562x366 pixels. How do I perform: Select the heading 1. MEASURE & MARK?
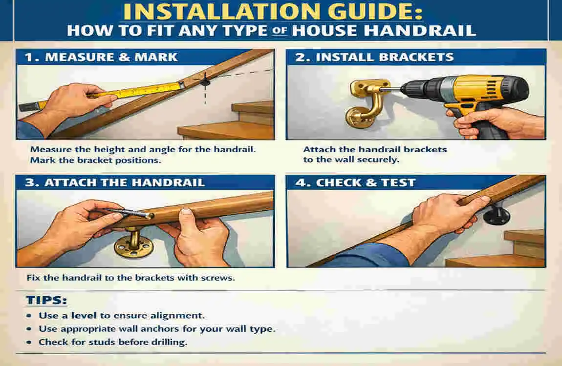point(100,57)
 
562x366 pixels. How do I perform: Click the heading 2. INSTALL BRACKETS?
point(374,57)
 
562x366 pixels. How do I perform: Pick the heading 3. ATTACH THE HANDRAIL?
point(113,183)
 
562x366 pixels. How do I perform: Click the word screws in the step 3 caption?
point(218,278)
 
